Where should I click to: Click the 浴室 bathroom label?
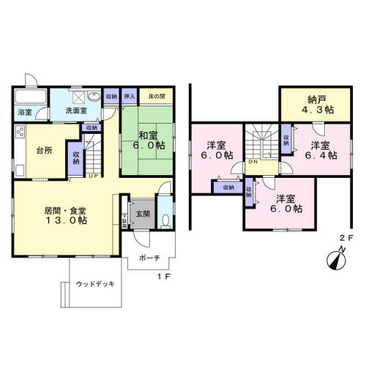click(x=26, y=112)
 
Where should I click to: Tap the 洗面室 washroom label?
click(x=78, y=111)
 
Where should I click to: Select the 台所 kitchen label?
click(x=44, y=152)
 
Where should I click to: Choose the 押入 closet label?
click(x=130, y=96)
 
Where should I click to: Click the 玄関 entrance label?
click(x=141, y=214)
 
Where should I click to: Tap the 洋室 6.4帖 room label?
click(x=322, y=149)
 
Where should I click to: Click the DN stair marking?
click(x=252, y=162)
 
